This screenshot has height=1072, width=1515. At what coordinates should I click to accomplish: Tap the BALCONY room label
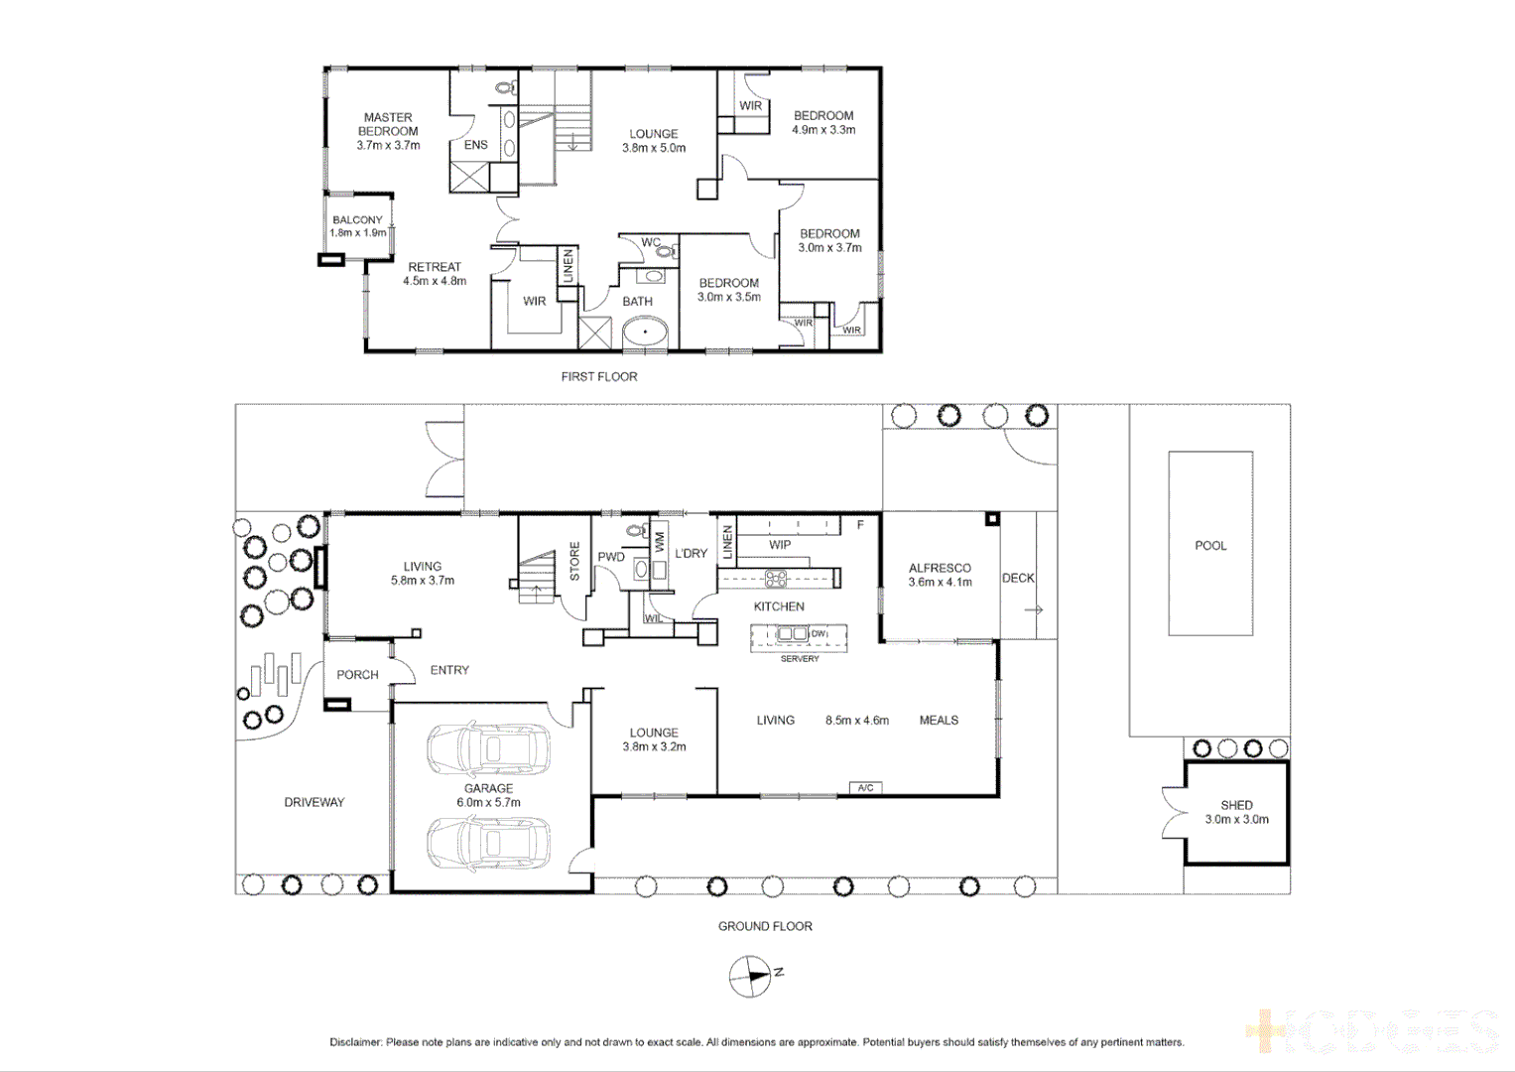pos(357,220)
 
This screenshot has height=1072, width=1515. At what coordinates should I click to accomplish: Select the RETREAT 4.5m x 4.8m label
pos(435,274)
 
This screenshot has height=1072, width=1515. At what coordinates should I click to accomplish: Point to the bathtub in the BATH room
pos(645,333)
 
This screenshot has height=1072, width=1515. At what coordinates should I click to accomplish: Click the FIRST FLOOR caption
pos(599,377)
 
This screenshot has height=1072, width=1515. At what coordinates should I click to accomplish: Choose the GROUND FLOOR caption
pos(765,926)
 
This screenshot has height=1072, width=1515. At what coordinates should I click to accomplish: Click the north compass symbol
pos(750,976)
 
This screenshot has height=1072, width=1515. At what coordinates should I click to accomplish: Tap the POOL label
pos(1210,546)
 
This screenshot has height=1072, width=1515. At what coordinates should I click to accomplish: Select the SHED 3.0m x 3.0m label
pos(1236,812)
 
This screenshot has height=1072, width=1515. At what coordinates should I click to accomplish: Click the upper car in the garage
pos(488,750)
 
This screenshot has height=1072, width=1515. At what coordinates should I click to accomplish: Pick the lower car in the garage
pos(488,844)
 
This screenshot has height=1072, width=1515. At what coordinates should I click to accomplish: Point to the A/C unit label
pos(865,788)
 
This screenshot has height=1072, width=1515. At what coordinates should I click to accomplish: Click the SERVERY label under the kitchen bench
pos(800,659)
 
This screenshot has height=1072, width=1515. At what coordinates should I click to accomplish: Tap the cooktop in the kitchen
pos(776,579)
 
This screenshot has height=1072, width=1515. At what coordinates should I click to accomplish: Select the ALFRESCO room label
pos(940,569)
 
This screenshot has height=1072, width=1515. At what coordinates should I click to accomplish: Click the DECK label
pos(1018,578)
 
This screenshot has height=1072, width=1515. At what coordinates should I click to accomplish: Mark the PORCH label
pos(357,675)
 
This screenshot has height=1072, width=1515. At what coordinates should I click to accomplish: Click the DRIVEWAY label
pos(314,802)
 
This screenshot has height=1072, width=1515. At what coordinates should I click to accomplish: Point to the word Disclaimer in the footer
pos(355,1042)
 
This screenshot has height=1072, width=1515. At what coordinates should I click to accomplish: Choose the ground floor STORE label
pos(574,561)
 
